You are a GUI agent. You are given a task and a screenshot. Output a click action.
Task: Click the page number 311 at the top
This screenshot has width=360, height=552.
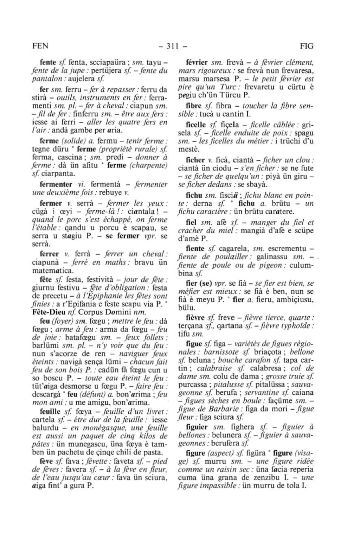172,46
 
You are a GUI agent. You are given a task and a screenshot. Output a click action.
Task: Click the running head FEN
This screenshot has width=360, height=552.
40,46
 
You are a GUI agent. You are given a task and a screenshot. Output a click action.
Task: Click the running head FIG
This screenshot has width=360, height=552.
307,46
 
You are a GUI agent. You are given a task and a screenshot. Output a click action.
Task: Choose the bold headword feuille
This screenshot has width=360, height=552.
51,411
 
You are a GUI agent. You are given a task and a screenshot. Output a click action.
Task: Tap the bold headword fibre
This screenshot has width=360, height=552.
194,106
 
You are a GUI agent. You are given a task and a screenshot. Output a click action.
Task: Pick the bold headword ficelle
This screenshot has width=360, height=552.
195,125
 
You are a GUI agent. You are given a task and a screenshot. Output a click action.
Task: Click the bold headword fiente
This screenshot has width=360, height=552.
195,249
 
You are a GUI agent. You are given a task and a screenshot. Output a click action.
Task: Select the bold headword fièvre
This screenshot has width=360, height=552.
195,317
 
